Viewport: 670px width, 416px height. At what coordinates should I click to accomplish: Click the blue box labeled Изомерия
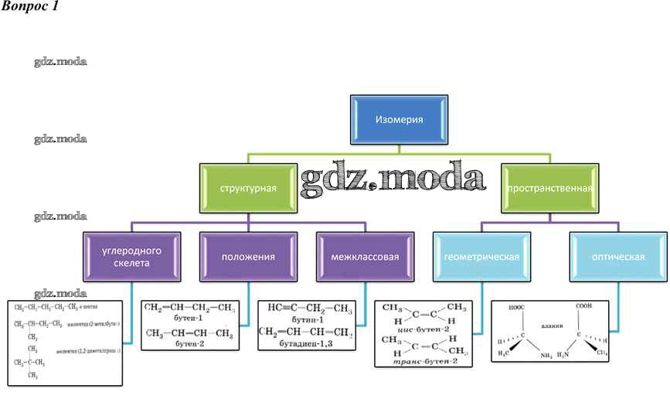click(x=399, y=120)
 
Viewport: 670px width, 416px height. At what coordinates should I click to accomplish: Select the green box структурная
click(x=248, y=188)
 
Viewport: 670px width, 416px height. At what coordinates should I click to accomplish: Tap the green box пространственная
click(x=549, y=188)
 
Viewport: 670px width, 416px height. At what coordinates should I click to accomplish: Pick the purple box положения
click(x=248, y=257)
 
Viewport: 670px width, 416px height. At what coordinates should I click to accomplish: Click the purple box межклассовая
click(x=365, y=257)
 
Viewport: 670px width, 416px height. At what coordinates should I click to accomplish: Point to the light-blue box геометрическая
click(x=481, y=257)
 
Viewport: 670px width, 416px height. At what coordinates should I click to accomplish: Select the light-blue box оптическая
click(x=618, y=257)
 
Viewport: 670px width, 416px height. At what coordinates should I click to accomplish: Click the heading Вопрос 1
click(x=29, y=7)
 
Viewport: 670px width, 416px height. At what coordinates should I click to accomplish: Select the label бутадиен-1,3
click(x=308, y=343)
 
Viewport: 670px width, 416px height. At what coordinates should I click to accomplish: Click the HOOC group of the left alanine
click(x=517, y=307)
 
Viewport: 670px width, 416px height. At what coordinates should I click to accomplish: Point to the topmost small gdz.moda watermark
click(x=60, y=61)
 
